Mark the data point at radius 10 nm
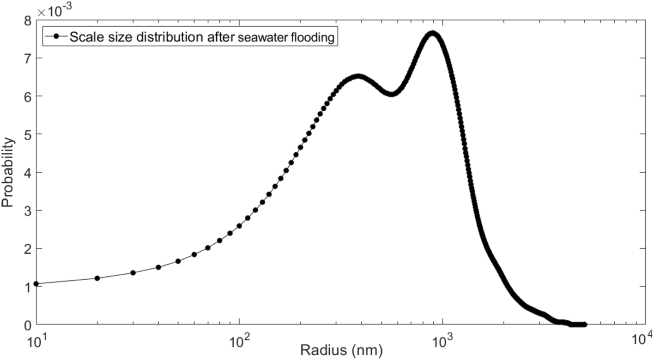click(36, 284)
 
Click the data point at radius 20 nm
click(97, 278)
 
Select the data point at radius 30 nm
click(133, 273)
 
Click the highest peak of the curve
click(432, 33)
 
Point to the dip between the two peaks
click(391, 94)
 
